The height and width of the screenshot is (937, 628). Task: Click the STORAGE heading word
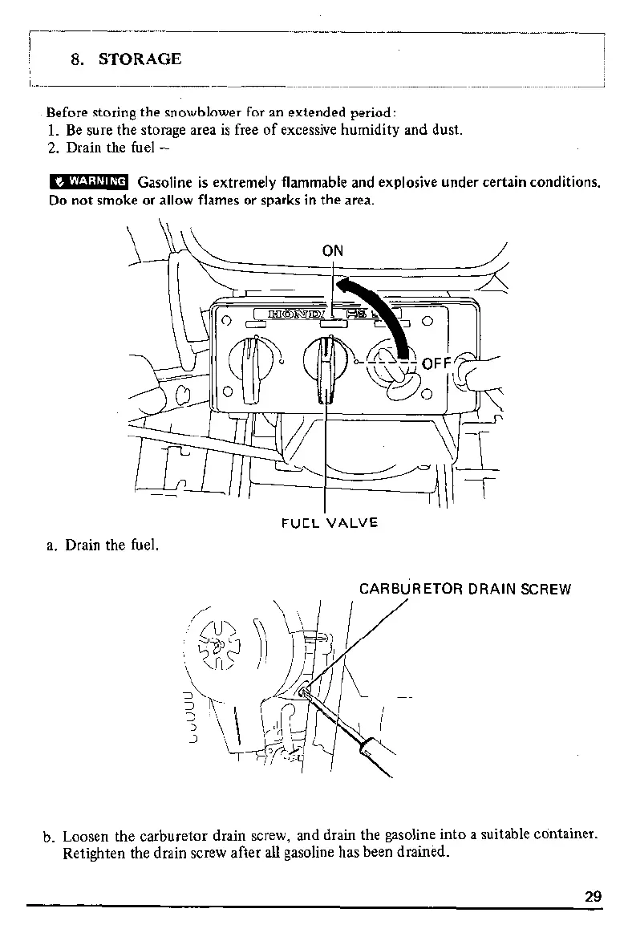point(140,59)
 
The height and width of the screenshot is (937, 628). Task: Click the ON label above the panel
point(332,250)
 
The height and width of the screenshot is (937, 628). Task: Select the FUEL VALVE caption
point(330,523)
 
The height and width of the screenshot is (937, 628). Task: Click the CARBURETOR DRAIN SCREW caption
point(464,589)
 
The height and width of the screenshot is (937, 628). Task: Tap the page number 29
point(593,897)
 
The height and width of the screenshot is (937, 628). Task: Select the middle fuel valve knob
point(326,365)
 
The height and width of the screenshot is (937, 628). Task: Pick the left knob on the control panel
point(252,365)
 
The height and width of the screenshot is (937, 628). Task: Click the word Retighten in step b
point(95,852)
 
